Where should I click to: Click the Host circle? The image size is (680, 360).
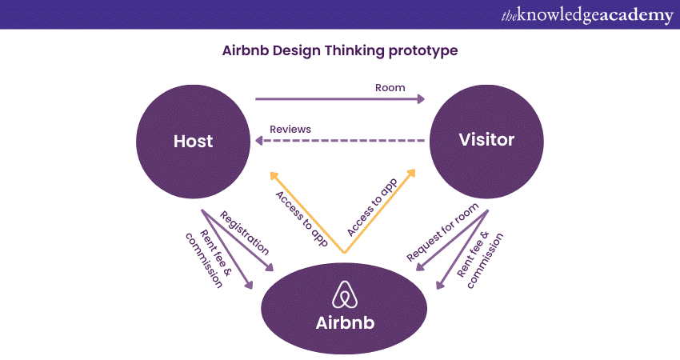194,142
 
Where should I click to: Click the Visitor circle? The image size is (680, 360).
486,141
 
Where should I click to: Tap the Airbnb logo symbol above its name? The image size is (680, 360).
344,294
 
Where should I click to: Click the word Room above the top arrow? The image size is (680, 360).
390,87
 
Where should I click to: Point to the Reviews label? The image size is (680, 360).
290,129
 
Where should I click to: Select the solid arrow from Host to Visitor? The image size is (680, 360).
340,100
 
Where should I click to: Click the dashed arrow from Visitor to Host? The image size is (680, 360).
340,141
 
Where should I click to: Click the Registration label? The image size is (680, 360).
243,231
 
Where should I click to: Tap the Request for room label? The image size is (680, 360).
442,232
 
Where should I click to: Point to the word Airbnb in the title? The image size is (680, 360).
244,50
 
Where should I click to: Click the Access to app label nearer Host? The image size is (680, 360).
301,218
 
